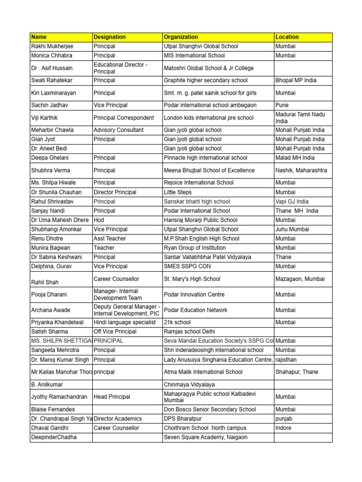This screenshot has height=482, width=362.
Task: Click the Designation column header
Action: point(110,37)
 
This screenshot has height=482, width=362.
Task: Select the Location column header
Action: point(287,37)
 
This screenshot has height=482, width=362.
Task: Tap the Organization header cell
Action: point(181,37)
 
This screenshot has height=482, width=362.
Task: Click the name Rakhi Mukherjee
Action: point(52,47)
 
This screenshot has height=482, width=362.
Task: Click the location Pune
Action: point(282,105)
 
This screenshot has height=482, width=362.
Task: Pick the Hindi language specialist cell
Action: point(124,322)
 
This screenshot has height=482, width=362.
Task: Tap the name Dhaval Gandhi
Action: point(49,428)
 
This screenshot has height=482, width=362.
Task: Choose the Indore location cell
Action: point(283,428)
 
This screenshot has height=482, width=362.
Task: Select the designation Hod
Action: point(99,220)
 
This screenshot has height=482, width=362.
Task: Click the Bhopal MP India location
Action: point(296,80)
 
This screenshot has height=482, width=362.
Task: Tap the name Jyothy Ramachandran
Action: point(59,397)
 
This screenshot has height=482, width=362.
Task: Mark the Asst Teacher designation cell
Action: point(110,239)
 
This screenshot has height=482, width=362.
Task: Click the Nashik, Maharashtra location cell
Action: point(301,170)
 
